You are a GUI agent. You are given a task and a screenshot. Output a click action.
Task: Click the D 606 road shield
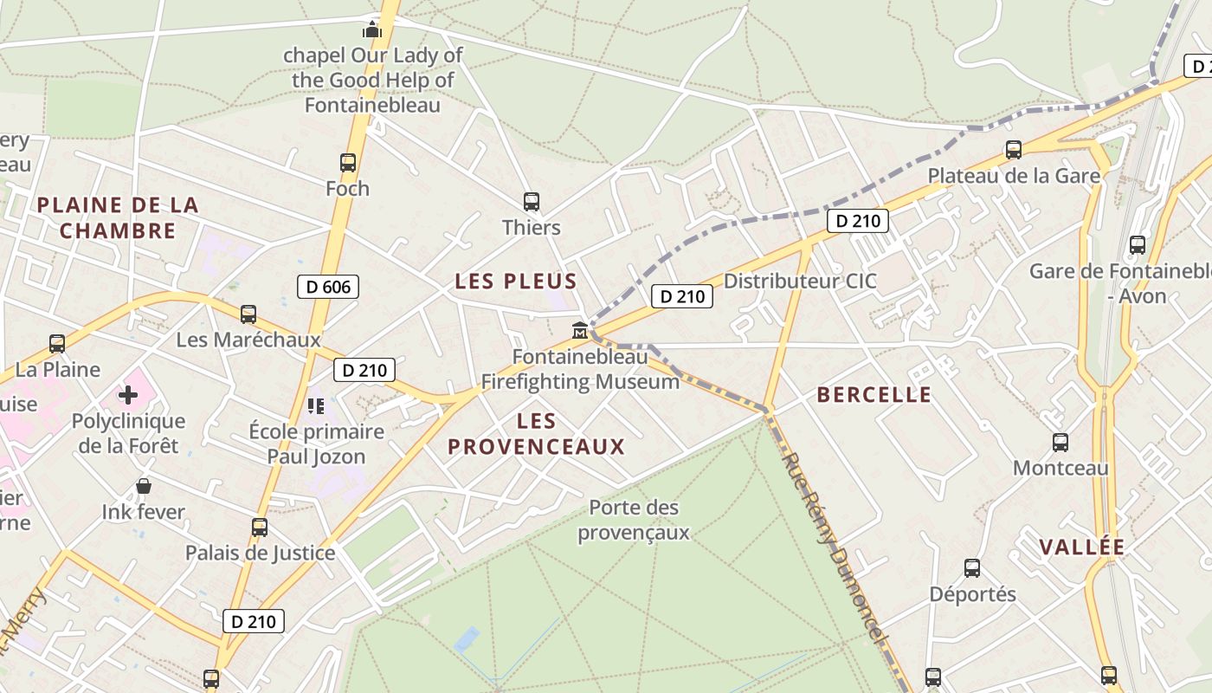click(x=327, y=287)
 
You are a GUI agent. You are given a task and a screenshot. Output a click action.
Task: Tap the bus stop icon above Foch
click(x=348, y=162)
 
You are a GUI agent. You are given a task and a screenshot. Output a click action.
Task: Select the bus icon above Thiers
click(x=532, y=202)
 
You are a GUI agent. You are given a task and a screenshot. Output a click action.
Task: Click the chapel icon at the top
click(x=372, y=30)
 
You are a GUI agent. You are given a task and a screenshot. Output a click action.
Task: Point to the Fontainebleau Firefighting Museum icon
click(x=580, y=331)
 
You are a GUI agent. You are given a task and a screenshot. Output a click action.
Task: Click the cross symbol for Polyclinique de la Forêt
click(x=128, y=396)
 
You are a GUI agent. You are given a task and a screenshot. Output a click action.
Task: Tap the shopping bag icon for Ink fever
click(x=144, y=486)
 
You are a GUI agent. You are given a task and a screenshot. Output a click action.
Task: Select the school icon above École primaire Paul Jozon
click(x=316, y=405)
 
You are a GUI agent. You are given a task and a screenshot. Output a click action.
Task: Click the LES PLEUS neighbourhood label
click(x=516, y=282)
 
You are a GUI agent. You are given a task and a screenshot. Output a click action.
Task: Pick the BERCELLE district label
click(x=874, y=395)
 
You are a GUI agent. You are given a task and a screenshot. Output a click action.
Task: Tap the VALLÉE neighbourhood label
click(x=1082, y=547)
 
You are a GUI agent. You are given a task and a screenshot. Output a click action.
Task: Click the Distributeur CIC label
click(x=800, y=282)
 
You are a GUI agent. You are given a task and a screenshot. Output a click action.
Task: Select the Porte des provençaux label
click(x=634, y=520)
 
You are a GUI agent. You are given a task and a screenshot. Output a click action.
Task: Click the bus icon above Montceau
click(x=1060, y=443)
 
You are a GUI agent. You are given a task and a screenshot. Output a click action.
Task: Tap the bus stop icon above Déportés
click(x=972, y=568)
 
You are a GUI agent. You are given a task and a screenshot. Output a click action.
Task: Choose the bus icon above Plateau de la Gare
click(x=1014, y=150)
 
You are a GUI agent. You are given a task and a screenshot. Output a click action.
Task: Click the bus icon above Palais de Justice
click(x=259, y=527)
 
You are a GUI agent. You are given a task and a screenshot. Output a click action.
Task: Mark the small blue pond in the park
click(x=467, y=639)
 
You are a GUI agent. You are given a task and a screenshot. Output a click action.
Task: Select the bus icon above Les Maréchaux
click(x=248, y=314)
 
